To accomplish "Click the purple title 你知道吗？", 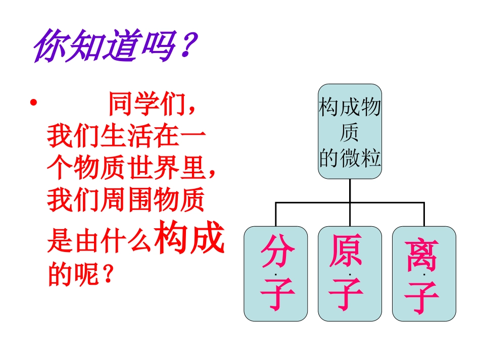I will tap(114, 48).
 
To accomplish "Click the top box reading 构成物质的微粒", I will tap(350, 131).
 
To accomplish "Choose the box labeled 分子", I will tap(276, 274).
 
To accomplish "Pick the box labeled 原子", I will tap(350, 274).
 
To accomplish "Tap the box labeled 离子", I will tap(424, 274).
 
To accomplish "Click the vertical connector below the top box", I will tap(350, 190).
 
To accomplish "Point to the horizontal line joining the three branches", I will tap(350, 202).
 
